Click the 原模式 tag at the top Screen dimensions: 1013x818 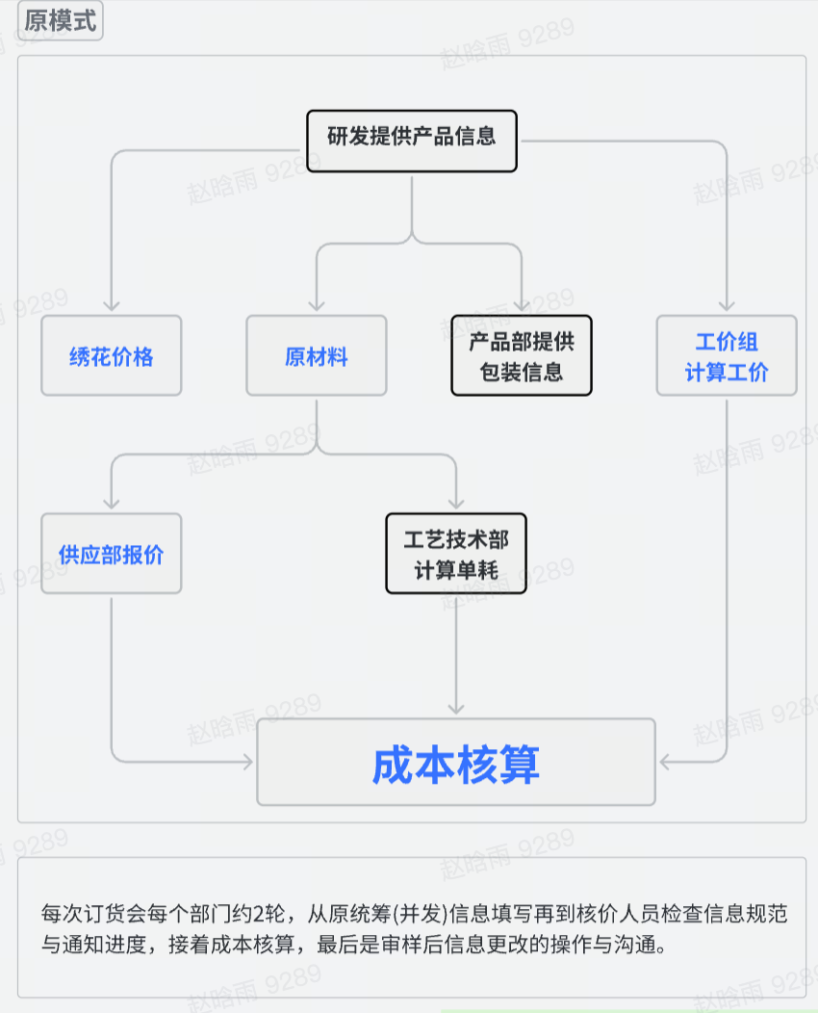[x=60, y=21]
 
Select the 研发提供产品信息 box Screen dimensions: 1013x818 [x=412, y=141]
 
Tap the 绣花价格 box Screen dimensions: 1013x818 [x=111, y=356]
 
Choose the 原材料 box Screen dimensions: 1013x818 [x=317, y=356]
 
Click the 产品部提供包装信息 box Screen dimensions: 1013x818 [x=522, y=356]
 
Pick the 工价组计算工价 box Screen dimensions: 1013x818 [x=727, y=356]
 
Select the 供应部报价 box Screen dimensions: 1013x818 [x=111, y=554]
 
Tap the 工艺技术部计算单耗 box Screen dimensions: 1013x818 [x=456, y=554]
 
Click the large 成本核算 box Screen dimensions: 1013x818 [x=456, y=763]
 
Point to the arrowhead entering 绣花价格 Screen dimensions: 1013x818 [x=112, y=305]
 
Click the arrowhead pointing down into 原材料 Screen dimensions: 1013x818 [x=317, y=305]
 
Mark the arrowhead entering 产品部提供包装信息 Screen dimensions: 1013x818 [x=522, y=305]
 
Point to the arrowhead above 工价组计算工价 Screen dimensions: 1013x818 [x=727, y=305]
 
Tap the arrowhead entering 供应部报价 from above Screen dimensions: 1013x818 [x=112, y=503]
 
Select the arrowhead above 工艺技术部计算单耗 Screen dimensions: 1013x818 [x=456, y=503]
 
